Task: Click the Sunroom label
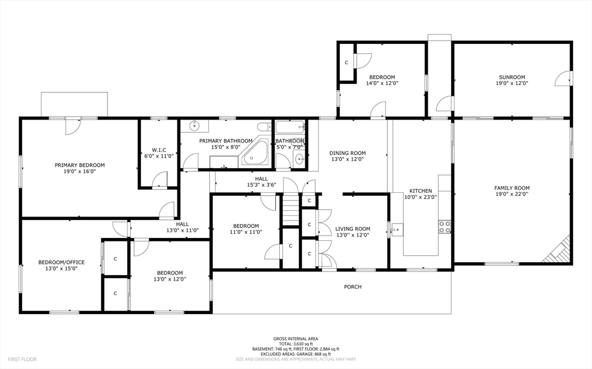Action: tap(512, 77)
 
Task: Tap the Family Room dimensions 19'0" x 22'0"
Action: tap(512, 194)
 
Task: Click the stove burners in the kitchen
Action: tap(445, 226)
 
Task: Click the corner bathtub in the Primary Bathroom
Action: tap(255, 153)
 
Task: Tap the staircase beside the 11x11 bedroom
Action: tap(291, 210)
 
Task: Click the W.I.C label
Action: tap(159, 150)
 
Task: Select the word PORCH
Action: tap(353, 287)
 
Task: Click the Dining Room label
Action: tap(347, 153)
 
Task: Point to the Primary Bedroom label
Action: tap(80, 165)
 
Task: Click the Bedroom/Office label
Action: tap(61, 263)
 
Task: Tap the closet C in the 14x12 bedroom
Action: tap(347, 62)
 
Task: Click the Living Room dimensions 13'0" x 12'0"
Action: tap(353, 235)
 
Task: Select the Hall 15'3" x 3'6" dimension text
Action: tap(261, 185)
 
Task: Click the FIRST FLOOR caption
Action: tap(23, 360)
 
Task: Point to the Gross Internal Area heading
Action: tap(295, 339)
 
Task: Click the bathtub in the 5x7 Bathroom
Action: tap(290, 127)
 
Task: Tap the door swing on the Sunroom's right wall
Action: tap(563, 79)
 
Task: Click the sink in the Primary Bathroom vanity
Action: tap(194, 126)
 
